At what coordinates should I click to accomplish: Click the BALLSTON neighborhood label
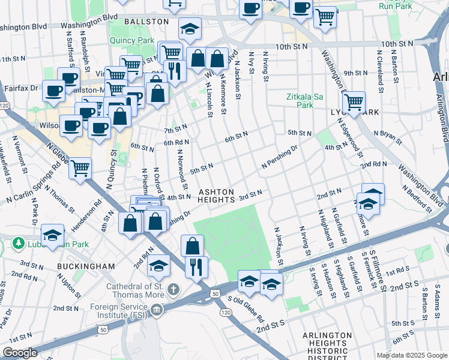[x=146, y=21]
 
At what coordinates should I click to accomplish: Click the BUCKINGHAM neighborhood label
[x=86, y=265]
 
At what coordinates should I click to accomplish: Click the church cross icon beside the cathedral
[x=174, y=290]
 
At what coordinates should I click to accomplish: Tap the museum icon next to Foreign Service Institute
[x=157, y=310]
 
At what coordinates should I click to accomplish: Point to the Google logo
[x=20, y=353]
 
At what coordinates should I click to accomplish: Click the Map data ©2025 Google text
[x=411, y=355]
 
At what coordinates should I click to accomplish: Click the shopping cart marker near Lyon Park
[x=354, y=103]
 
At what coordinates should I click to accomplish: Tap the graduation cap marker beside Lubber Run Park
[x=53, y=236]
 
